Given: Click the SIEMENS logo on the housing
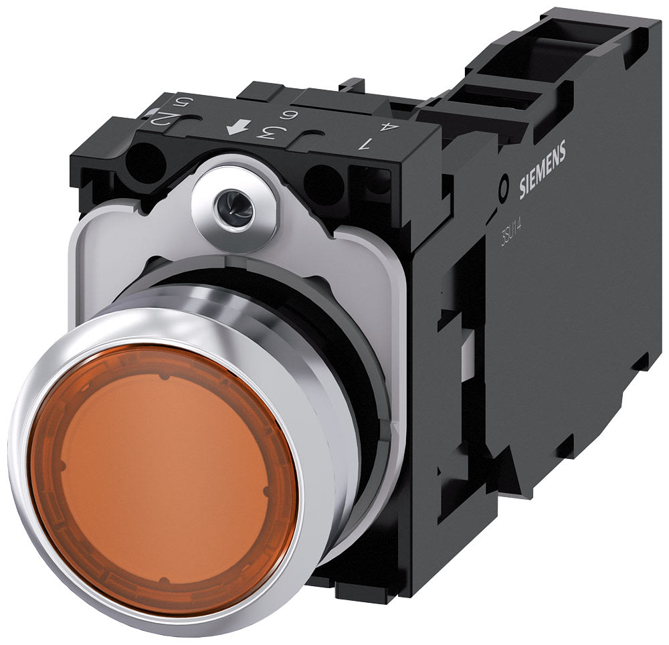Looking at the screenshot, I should tap(543, 171).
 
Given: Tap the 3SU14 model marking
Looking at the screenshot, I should tap(512, 234).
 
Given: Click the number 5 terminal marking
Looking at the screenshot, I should tap(180, 104).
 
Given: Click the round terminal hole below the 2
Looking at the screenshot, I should tap(149, 162).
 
